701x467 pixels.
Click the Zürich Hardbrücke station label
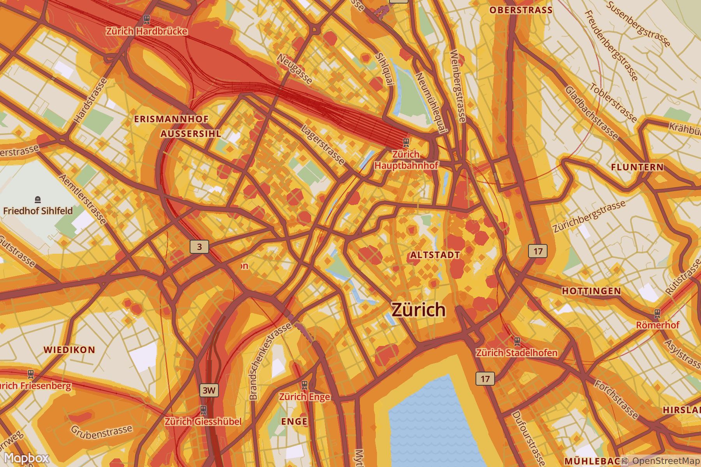point(146,31)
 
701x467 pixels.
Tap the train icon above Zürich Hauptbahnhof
point(406,142)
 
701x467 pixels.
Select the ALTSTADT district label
point(435,255)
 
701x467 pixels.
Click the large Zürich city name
point(418,310)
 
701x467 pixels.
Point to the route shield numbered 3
point(199,247)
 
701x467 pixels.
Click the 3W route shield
point(209,390)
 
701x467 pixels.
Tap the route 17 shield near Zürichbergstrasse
point(538,251)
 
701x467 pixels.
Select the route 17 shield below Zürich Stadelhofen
point(485,379)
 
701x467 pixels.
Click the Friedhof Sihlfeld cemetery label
point(38,211)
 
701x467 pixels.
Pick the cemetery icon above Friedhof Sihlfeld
point(38,200)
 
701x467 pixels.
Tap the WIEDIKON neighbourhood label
point(69,350)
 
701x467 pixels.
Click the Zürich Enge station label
point(305,397)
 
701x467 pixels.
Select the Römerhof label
point(657,325)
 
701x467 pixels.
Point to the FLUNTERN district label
point(637,167)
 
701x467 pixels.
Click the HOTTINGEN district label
point(591,291)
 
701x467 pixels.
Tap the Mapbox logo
point(26,458)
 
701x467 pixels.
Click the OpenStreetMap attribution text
point(665,461)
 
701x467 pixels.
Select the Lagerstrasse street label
point(323,145)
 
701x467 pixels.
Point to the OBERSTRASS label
point(521,10)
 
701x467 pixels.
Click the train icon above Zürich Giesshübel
point(203,410)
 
